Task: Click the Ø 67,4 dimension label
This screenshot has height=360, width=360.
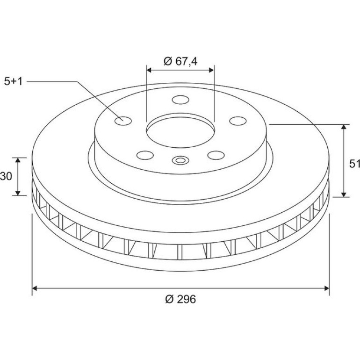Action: click(x=180, y=62)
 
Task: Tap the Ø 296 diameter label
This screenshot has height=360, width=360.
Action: click(x=180, y=299)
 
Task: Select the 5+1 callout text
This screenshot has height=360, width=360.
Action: click(x=14, y=81)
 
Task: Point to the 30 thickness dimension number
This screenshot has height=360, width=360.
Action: click(x=6, y=176)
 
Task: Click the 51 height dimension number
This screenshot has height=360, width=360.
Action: click(x=354, y=164)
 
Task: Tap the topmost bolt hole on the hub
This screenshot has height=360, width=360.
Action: click(x=180, y=100)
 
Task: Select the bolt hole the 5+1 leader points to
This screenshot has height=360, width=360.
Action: click(x=123, y=121)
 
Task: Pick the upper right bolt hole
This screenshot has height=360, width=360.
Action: click(x=238, y=121)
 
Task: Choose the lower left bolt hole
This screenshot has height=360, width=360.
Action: click(x=145, y=155)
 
